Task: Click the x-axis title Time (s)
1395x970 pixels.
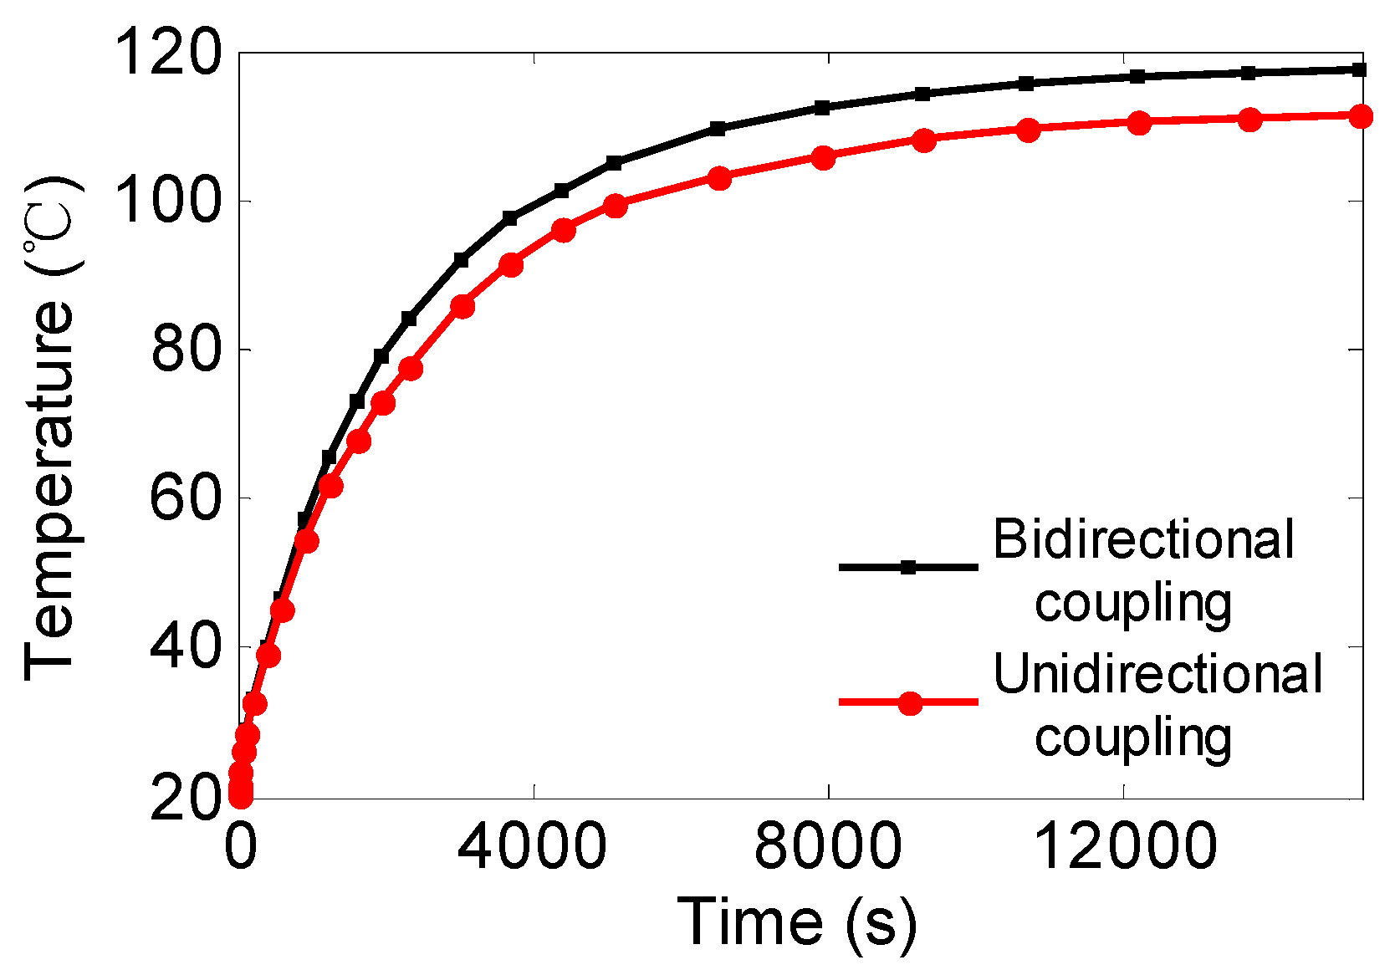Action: point(796,921)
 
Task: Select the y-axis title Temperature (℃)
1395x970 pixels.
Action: point(52,426)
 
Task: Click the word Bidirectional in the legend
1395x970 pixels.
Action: point(1143,539)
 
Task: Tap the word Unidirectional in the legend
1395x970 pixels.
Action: point(1157,674)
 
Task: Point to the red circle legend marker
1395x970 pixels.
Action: point(910,702)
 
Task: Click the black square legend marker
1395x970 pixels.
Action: point(909,567)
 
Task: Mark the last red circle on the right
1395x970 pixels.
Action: point(1361,116)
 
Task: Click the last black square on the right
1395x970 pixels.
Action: point(1359,69)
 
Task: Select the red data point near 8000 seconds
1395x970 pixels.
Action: point(823,158)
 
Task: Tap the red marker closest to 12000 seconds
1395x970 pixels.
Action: point(1139,123)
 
